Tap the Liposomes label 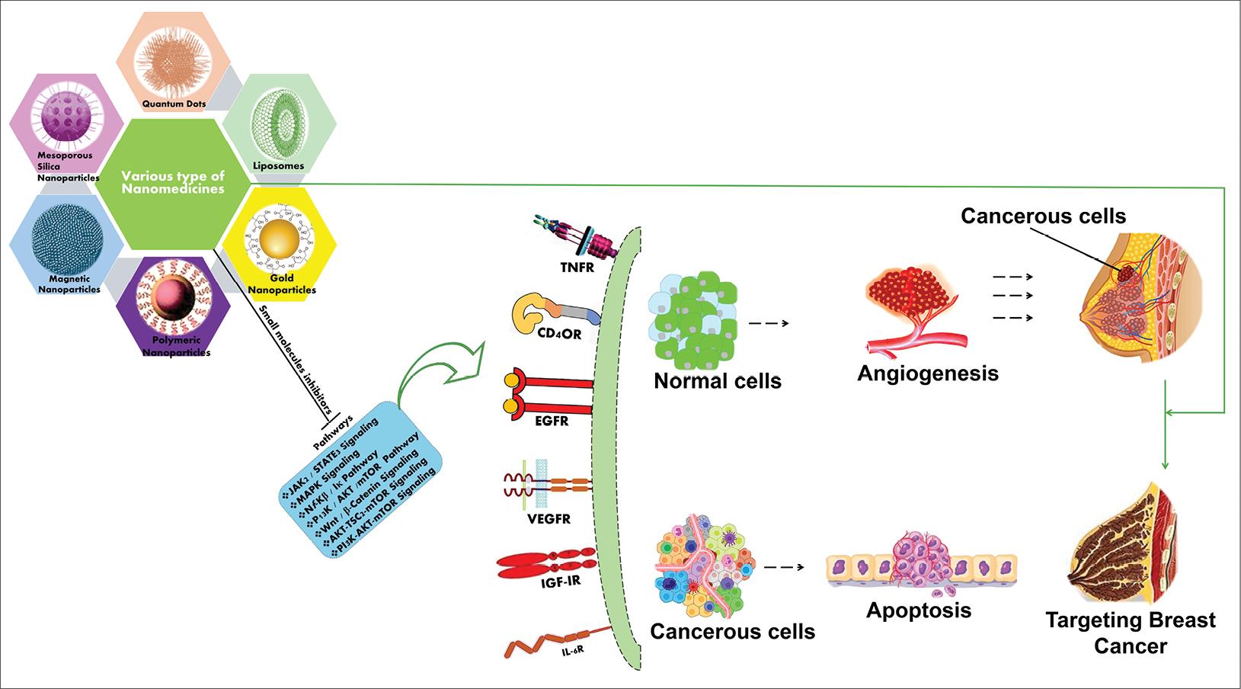click(278, 165)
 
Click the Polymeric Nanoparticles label click(177, 347)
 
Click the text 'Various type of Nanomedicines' click(173, 182)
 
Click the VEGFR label click(548, 519)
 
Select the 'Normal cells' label click(717, 380)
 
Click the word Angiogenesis click(927, 373)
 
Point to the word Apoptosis click(918, 610)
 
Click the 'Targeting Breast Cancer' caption click(1130, 633)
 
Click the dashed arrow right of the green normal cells click(769, 323)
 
